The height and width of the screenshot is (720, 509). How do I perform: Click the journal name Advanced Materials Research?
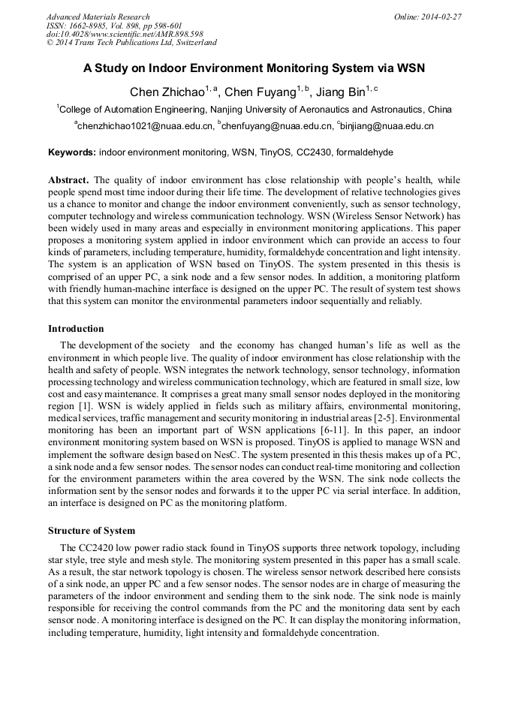point(98,17)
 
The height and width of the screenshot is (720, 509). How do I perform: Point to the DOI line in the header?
point(125,35)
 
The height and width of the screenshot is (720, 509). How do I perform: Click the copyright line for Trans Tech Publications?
point(131,43)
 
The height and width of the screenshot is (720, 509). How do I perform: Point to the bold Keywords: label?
point(72,152)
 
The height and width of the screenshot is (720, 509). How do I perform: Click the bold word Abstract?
point(68,180)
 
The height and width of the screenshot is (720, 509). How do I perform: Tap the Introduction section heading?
point(76,328)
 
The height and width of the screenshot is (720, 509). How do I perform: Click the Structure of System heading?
point(91,530)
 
